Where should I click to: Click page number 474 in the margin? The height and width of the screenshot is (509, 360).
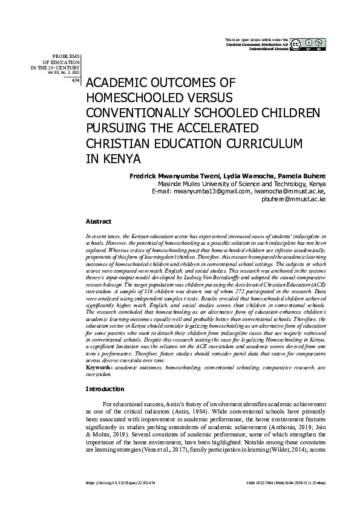tap(75, 80)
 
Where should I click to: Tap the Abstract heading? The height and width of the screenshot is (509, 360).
tap(98, 222)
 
